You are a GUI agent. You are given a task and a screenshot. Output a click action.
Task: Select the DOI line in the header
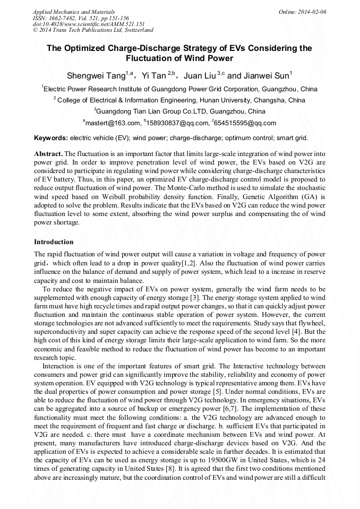tap(89, 24)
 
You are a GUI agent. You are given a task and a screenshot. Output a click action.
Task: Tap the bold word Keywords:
tap(51, 138)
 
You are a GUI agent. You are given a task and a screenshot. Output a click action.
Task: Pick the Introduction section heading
tap(54, 242)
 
